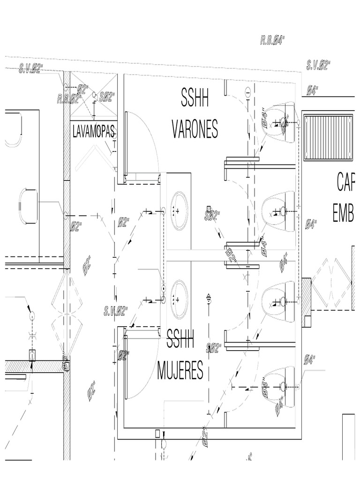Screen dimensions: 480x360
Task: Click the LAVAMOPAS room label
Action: [94, 132]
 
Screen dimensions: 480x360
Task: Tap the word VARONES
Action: [195, 128]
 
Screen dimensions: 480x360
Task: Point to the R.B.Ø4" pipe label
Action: [273, 40]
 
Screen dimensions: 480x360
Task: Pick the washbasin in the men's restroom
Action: [179, 211]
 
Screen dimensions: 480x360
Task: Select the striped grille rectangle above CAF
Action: [328, 136]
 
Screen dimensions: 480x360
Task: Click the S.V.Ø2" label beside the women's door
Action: [116, 310]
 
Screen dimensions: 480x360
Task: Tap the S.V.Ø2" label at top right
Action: [318, 66]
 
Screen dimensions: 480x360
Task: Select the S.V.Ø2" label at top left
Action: [31, 70]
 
